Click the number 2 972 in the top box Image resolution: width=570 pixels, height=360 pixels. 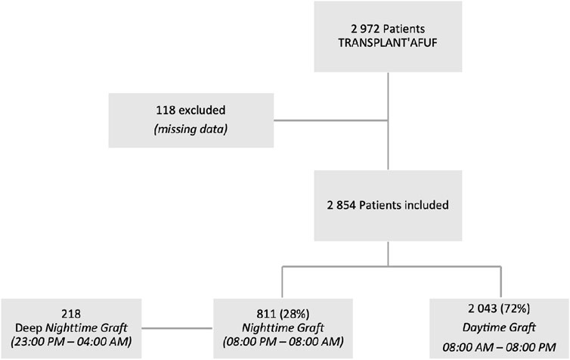pyautogui.click(x=365, y=29)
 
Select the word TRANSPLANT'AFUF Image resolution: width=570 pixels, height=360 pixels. pyautogui.click(x=388, y=43)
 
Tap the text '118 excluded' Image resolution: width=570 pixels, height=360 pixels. pyautogui.click(x=191, y=110)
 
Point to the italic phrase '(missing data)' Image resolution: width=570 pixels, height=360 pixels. pyautogui.click(x=191, y=129)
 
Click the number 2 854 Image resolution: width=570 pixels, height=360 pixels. pyautogui.click(x=342, y=205)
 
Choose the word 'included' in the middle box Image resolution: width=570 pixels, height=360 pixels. pyautogui.click(x=425, y=205)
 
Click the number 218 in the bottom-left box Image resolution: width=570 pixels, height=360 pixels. pyautogui.click(x=71, y=313)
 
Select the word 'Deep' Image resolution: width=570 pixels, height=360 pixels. pyautogui.click(x=29, y=328)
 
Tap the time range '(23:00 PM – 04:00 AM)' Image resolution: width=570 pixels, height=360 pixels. pyautogui.click(x=71, y=342)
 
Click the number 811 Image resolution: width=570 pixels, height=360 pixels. pyautogui.click(x=266, y=313)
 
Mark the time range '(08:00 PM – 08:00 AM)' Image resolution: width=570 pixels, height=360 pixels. pyautogui.click(x=283, y=342)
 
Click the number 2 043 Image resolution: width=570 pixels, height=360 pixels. pyautogui.click(x=482, y=309)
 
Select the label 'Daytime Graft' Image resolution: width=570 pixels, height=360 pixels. pyautogui.click(x=499, y=327)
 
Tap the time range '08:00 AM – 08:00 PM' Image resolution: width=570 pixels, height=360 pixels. pyautogui.click(x=499, y=347)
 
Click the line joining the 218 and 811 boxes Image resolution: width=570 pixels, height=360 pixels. pyautogui.click(x=177, y=328)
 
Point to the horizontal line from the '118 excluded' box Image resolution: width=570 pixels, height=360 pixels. pyautogui.click(x=331, y=120)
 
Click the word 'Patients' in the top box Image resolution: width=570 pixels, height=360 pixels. pyautogui.click(x=404, y=29)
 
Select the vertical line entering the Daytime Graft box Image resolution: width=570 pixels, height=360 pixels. pyautogui.click(x=501, y=282)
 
